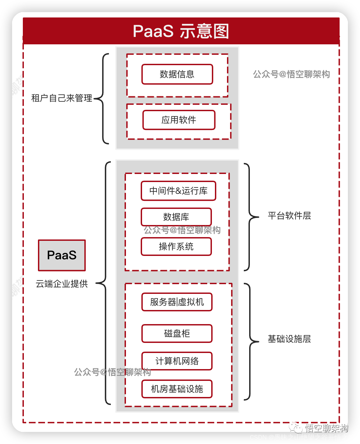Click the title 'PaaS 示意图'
[181, 31]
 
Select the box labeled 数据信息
[177, 74]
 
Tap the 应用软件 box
[179, 120]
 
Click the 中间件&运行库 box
[178, 191]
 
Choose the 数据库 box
[176, 217]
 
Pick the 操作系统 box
[176, 247]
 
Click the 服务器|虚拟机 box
[177, 302]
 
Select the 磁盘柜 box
[177, 334]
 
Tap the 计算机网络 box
[177, 361]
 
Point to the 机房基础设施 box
[177, 389]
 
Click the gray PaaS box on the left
[62, 255]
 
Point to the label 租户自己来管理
[61, 98]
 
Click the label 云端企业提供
[62, 284]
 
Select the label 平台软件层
[289, 216]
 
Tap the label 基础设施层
[289, 339]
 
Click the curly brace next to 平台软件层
[250, 217]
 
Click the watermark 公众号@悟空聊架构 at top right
[291, 74]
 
